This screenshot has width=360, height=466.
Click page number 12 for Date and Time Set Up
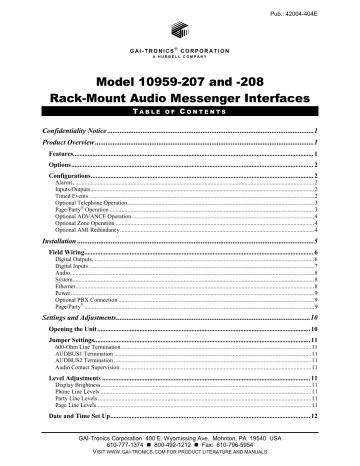click(313, 414)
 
